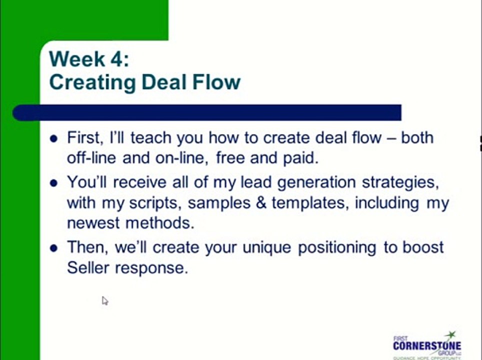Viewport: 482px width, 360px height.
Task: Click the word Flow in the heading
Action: [217, 81]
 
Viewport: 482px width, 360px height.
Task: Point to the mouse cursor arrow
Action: [104, 300]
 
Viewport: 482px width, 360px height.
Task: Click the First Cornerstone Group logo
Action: [426, 344]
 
